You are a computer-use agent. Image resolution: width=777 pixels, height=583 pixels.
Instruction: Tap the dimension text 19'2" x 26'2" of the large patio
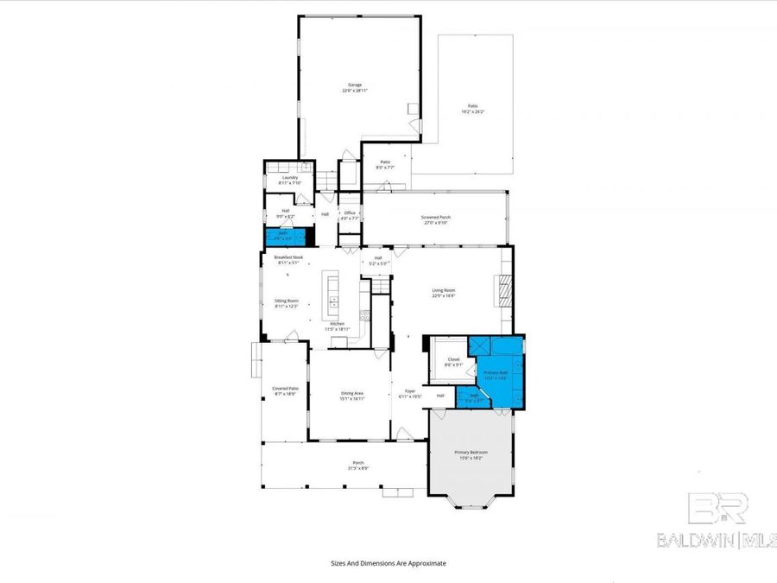[x=472, y=111]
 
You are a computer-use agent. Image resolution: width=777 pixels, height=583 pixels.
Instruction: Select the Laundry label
[x=289, y=178]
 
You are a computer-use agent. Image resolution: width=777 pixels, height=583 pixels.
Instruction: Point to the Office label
[x=350, y=212]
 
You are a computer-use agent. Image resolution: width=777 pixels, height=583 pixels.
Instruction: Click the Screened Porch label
[x=435, y=218]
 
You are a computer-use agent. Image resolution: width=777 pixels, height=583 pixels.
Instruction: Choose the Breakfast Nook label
[x=288, y=257]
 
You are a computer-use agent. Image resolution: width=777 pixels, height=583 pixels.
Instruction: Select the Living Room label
[x=443, y=290]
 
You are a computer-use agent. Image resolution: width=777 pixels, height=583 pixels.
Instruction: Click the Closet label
[x=453, y=359]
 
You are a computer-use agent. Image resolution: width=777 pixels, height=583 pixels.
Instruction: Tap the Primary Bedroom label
[x=471, y=453]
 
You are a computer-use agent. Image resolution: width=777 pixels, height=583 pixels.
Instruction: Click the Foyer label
[x=410, y=391]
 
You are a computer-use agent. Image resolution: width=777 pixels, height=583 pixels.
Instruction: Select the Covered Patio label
[x=285, y=389]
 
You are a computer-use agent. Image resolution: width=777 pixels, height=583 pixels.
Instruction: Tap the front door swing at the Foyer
[x=401, y=432]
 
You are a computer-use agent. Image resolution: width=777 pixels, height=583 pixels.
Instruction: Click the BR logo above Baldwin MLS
[x=717, y=510]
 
